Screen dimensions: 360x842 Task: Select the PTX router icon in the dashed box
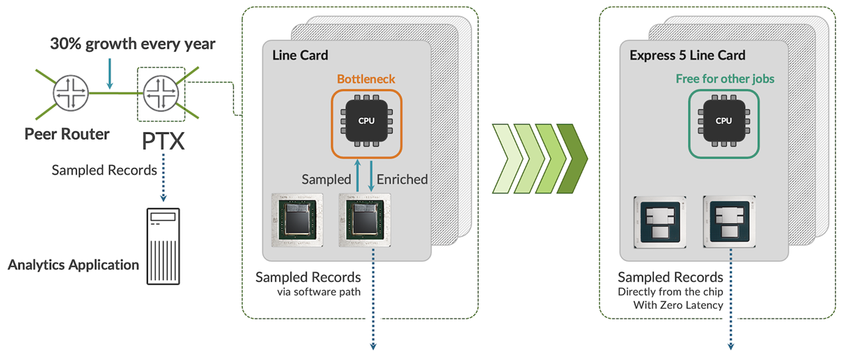pyautogui.click(x=161, y=91)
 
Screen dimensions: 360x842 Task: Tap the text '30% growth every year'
pyautogui.click(x=133, y=44)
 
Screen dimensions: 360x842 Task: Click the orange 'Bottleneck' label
pyautogui.click(x=366, y=79)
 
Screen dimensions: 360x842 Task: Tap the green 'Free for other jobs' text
pyautogui.click(x=725, y=79)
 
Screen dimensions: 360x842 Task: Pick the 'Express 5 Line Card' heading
pyautogui.click(x=687, y=55)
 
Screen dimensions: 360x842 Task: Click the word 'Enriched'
pyautogui.click(x=402, y=180)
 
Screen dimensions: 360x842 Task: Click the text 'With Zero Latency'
pyautogui.click(x=670, y=305)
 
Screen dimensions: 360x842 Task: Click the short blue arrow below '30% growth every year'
pyautogui.click(x=109, y=73)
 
